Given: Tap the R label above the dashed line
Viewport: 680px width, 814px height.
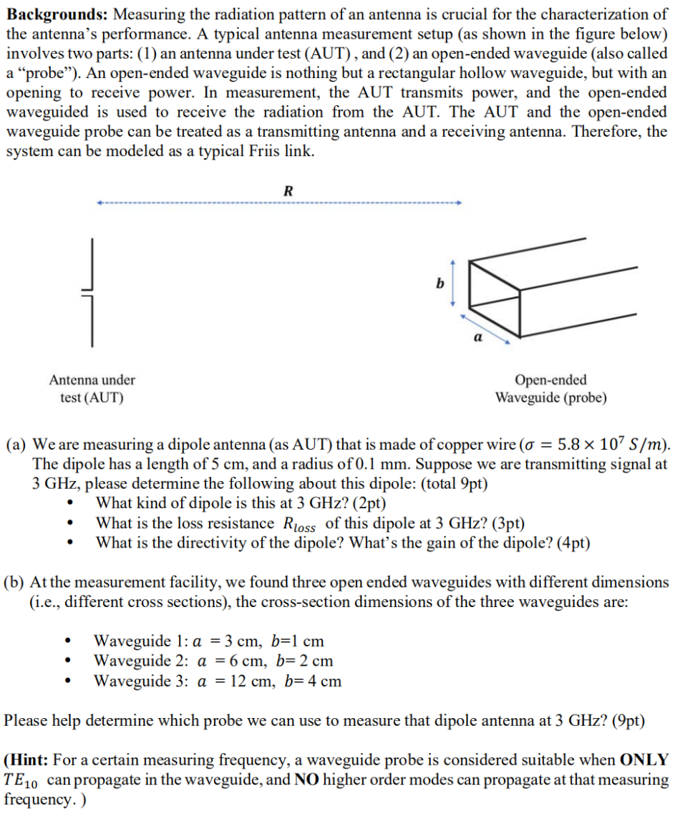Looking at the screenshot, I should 288,190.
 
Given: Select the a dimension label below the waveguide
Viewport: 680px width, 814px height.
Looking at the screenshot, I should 477,334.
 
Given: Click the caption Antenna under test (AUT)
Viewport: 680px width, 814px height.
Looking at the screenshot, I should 92,389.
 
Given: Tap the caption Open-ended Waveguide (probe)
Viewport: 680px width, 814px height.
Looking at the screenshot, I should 550,389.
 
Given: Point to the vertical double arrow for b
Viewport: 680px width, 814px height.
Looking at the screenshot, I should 452,284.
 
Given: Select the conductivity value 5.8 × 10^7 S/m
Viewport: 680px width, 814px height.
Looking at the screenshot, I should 610,444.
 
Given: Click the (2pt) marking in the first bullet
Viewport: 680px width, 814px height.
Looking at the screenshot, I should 366,503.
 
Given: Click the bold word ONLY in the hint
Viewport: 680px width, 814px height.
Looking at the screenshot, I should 644,760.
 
